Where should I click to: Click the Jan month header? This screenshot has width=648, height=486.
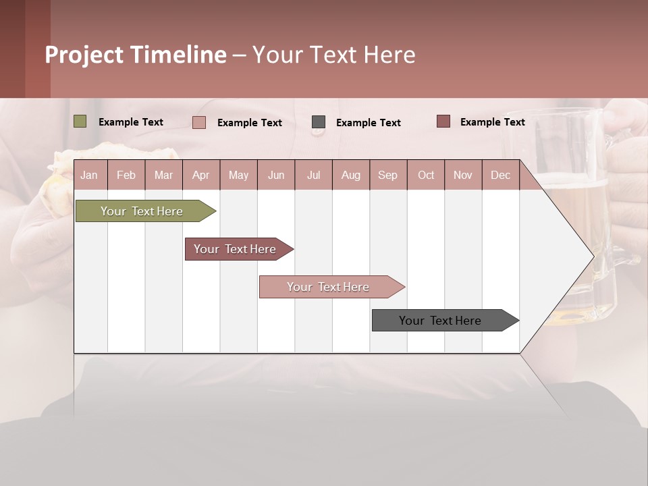(x=89, y=175)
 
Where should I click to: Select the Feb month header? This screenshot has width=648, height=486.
(x=126, y=175)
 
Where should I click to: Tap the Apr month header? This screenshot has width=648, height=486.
(x=200, y=175)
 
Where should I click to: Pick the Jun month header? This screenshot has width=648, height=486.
(x=276, y=175)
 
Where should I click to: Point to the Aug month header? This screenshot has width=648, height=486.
(x=351, y=175)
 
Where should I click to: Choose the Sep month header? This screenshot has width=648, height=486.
(x=387, y=175)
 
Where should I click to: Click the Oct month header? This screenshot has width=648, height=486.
(x=426, y=175)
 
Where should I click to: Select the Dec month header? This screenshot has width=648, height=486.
(x=500, y=175)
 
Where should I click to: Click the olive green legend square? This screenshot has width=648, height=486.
(x=80, y=122)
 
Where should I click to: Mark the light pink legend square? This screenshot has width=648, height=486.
(x=199, y=122)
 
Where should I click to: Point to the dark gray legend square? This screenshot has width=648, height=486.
(x=319, y=122)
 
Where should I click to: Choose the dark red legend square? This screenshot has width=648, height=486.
(x=443, y=122)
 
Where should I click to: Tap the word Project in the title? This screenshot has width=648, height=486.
(x=84, y=55)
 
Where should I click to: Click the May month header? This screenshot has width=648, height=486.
(x=238, y=175)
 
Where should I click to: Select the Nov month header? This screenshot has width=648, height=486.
(x=463, y=175)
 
